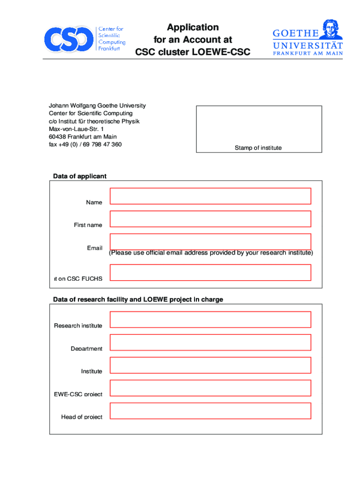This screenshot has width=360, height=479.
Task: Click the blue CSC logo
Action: (68, 39)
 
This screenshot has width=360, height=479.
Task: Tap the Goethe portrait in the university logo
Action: (331, 30)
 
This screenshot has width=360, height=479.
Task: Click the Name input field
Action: (210, 196)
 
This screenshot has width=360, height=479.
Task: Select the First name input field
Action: (210, 219)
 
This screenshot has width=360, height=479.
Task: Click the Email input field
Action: (210, 241)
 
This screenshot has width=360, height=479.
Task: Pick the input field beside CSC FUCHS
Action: (210, 272)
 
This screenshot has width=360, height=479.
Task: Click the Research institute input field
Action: (210, 319)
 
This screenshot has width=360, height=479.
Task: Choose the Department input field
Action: (210, 342)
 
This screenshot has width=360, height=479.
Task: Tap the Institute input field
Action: (210, 365)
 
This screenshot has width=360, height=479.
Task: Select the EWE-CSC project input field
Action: (210, 388)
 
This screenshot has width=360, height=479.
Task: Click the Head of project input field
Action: (210, 411)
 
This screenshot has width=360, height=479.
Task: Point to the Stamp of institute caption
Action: (258, 148)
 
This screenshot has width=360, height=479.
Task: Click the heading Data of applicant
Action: (79, 176)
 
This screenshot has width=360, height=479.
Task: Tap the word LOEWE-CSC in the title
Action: (221, 52)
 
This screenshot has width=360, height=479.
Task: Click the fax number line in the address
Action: (85, 145)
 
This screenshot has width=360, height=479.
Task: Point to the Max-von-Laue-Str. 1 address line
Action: (76, 129)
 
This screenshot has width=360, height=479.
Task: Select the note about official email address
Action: (211, 253)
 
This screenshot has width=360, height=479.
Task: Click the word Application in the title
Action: (193, 27)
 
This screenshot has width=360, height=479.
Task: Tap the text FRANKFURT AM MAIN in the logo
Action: (308, 53)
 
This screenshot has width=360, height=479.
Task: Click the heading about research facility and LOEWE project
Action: (138, 299)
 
